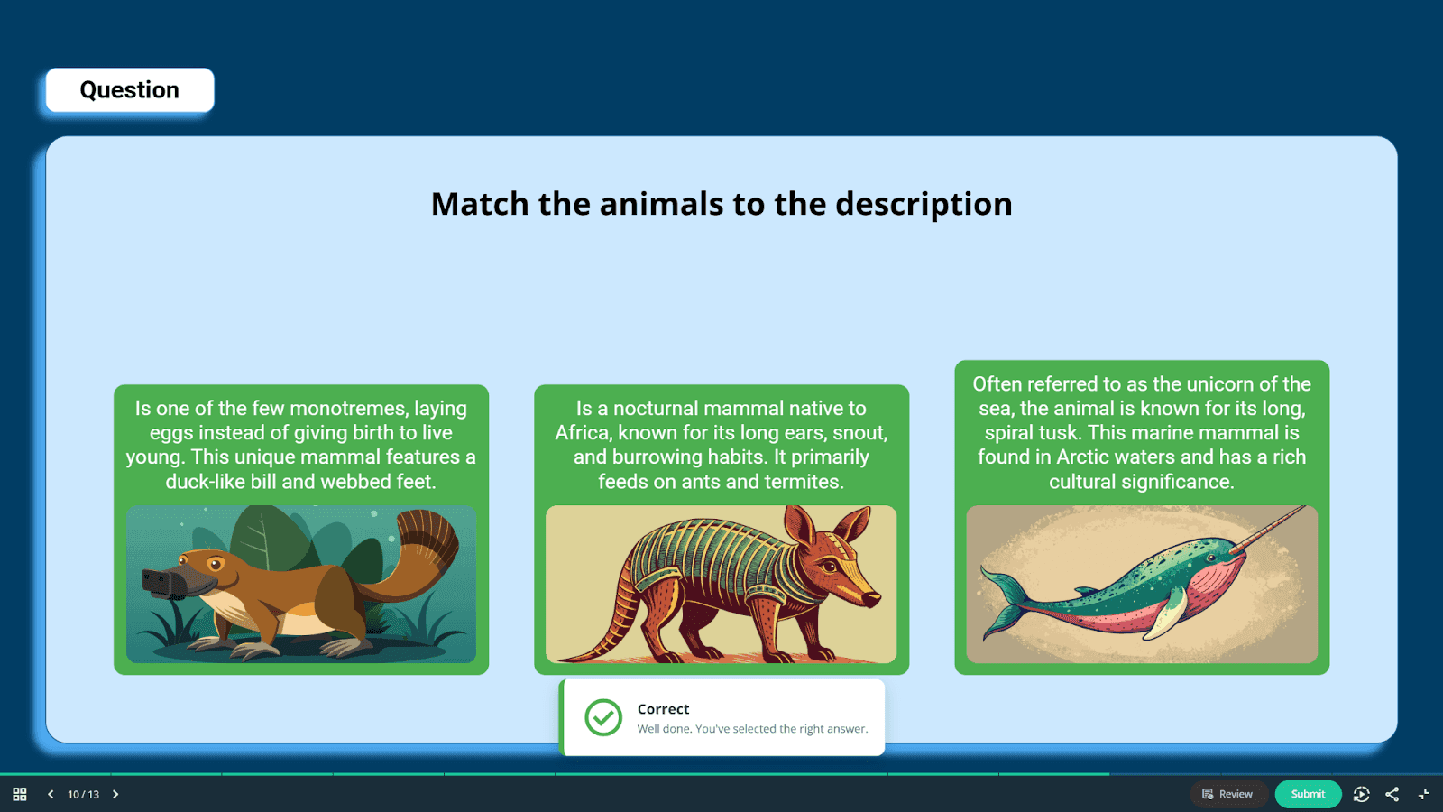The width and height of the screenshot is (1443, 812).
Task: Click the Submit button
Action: click(x=1308, y=794)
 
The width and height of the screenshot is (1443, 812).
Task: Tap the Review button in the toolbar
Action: click(x=1229, y=794)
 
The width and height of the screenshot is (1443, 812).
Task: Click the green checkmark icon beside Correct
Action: click(x=603, y=717)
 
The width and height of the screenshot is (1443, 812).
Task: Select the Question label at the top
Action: click(x=130, y=89)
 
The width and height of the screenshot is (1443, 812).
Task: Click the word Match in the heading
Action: click(x=480, y=204)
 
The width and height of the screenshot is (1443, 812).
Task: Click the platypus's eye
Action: click(x=216, y=566)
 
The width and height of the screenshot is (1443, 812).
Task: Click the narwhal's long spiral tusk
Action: click(x=1268, y=529)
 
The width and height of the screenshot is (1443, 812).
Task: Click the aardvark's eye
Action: click(x=830, y=567)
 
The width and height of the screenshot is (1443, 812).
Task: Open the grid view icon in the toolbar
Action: click(x=19, y=794)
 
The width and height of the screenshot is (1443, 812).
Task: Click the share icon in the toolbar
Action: click(x=1392, y=794)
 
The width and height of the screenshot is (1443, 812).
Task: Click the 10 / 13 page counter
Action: click(x=83, y=795)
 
